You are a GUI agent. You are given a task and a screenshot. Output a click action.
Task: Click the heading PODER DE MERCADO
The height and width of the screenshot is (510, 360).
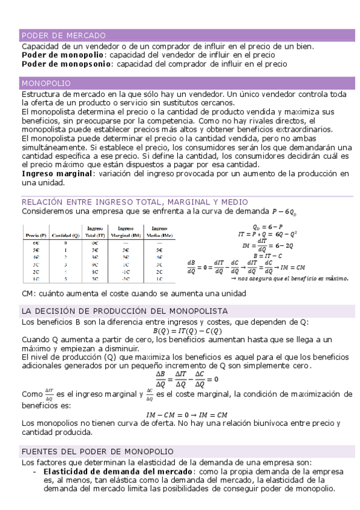pos(64,35)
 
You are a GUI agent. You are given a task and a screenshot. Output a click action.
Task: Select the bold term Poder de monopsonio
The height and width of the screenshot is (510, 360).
pos(66,63)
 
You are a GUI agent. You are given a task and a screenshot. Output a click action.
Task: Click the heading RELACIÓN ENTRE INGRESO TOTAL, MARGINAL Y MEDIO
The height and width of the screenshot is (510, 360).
pos(135,201)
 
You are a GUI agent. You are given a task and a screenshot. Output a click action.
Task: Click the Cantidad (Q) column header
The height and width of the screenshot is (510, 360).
pos(66,235)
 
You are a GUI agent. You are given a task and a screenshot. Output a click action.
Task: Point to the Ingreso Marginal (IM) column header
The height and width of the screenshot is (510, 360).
pos(125,232)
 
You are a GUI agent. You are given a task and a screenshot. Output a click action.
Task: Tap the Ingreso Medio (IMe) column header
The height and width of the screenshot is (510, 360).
pos(158,232)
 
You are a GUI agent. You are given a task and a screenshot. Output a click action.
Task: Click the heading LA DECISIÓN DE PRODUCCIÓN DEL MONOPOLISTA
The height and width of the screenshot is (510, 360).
pos(124,311)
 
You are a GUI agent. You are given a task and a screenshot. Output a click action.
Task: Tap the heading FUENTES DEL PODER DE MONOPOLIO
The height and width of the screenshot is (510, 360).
pos(97,451)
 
